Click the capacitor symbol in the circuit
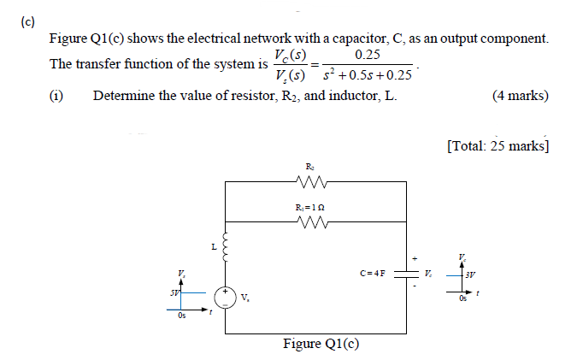(403, 274)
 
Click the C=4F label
(374, 274)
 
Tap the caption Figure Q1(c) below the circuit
(321, 344)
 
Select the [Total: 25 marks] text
(497, 145)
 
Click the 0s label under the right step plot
(462, 298)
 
